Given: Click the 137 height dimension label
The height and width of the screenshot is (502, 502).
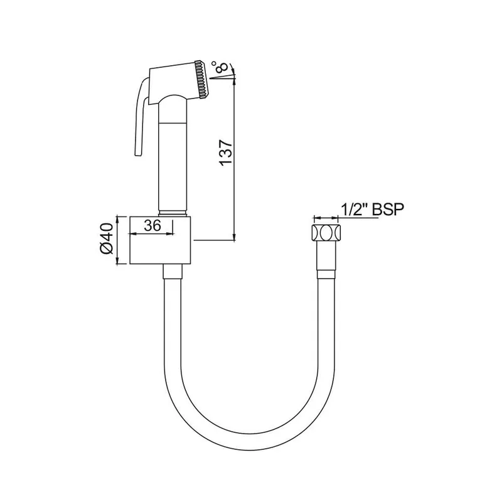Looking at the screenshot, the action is coord(226,152).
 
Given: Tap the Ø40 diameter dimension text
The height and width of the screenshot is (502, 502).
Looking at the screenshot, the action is coord(106,238).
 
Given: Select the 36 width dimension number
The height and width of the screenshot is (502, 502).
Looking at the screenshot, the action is coord(152,225).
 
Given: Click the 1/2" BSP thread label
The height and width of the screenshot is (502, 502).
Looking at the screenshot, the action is coord(372,209).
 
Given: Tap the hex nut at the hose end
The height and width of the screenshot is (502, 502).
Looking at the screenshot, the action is coord(326,232).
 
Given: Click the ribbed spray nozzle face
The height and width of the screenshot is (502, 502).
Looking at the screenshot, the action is coord(201,79).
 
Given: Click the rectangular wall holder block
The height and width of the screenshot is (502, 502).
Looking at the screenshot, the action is coord(160,240).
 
